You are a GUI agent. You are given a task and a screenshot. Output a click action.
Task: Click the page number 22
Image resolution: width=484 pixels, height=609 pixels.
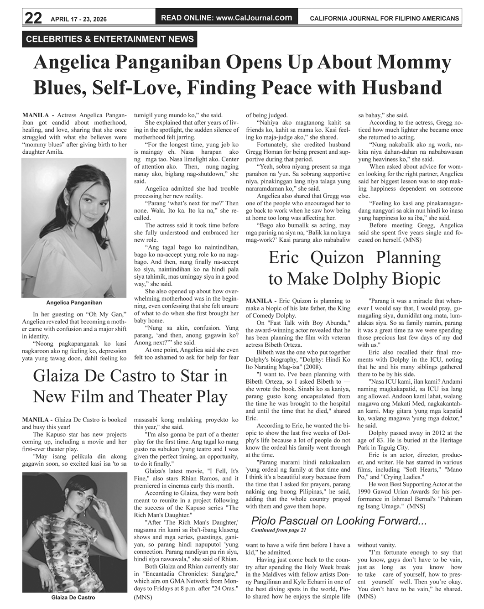33,18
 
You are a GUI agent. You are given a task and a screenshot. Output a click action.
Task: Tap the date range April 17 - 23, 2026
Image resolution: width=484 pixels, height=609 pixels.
78,19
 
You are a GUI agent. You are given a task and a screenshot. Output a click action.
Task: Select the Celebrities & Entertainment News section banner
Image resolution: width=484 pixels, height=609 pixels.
110,39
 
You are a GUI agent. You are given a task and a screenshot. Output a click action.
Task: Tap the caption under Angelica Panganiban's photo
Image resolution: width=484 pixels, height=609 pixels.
74,302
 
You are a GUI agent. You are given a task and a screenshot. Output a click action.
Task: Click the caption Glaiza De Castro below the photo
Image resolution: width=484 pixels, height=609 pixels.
73,597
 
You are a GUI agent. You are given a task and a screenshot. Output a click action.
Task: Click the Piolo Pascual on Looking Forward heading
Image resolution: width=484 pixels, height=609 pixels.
339,521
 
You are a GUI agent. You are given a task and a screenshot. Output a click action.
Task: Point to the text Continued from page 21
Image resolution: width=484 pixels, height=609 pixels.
278,530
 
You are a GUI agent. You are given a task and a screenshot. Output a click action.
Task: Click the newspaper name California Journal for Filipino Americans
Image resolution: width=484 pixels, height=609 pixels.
384,19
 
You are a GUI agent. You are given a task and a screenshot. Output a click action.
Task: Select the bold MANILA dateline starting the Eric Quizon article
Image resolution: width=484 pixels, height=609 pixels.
259,301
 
